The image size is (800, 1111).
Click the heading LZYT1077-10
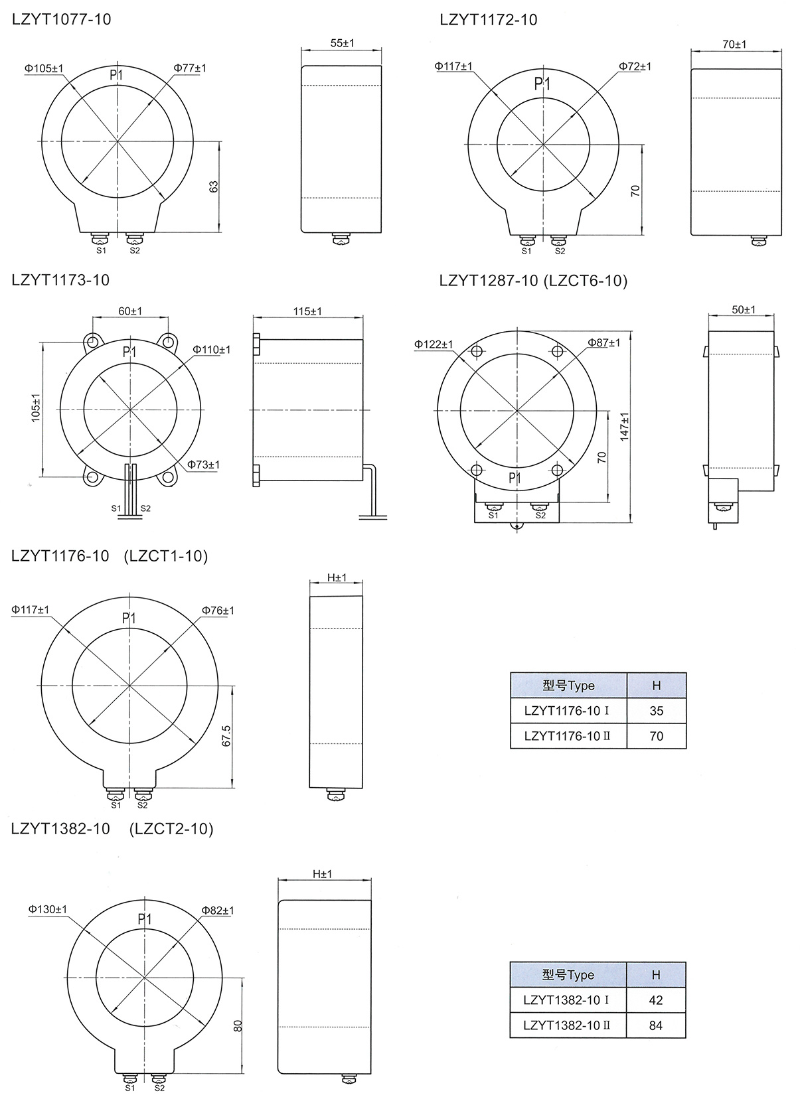(61, 19)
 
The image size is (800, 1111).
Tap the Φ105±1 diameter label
(44, 68)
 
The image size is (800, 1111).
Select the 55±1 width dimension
(343, 43)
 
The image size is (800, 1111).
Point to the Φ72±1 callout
(635, 66)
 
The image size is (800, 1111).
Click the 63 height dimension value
(214, 186)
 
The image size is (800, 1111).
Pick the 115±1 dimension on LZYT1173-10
(307, 311)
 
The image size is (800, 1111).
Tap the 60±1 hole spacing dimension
(130, 311)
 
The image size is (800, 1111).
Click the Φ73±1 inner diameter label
(203, 465)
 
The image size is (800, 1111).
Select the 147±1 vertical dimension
(624, 427)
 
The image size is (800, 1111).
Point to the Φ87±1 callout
(604, 342)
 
